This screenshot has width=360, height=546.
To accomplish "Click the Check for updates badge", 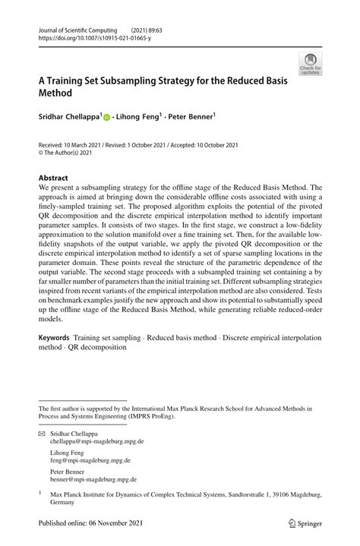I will coord(310,65).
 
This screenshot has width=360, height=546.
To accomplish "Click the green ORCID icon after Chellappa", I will coord(107,118).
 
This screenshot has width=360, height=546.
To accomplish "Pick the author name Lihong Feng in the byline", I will coord(142,117).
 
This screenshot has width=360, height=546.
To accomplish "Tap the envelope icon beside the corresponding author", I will coord(43,433).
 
